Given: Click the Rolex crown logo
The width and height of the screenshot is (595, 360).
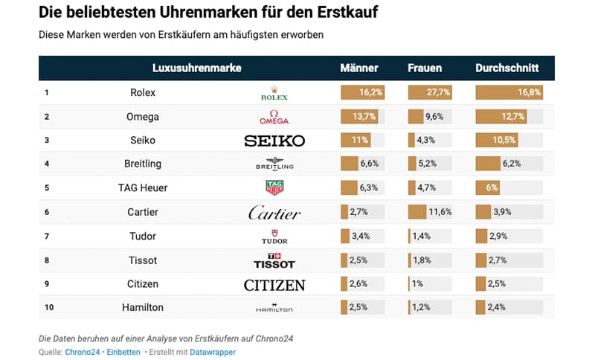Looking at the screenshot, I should tap(274, 93).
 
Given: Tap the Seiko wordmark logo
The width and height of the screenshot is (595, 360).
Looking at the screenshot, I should tap(274, 141).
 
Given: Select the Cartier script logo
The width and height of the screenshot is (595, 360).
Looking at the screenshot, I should tap(274, 213).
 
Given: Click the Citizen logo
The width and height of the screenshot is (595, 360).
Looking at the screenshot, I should tap(274, 284).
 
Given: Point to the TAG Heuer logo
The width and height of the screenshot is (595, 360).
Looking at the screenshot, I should tap(274, 188).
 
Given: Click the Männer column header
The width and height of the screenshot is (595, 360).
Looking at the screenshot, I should tap(359, 68).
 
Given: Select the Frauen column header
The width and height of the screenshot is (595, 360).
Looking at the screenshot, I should tap(425, 68).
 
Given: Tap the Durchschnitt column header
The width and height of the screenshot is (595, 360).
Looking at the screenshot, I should tap(507, 68).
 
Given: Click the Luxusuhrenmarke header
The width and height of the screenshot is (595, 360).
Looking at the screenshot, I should tap(196, 68).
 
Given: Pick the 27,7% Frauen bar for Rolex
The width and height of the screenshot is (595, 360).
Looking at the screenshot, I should tap(430, 93).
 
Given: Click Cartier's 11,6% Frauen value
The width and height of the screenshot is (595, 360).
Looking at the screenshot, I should tap(440, 212).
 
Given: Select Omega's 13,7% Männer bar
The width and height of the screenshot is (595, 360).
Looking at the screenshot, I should tap(360, 117).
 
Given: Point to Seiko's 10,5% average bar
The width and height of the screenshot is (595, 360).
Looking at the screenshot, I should tap(497, 141).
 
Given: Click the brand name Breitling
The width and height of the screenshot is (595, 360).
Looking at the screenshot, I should tap(143, 164).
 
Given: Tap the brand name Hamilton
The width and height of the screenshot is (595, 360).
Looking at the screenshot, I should tap(143, 306).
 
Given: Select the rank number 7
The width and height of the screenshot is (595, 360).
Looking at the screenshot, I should tap(46, 236).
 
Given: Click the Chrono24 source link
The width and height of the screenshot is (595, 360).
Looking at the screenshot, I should tap(77, 350).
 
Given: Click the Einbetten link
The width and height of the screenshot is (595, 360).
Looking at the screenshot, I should tap(120, 350).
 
